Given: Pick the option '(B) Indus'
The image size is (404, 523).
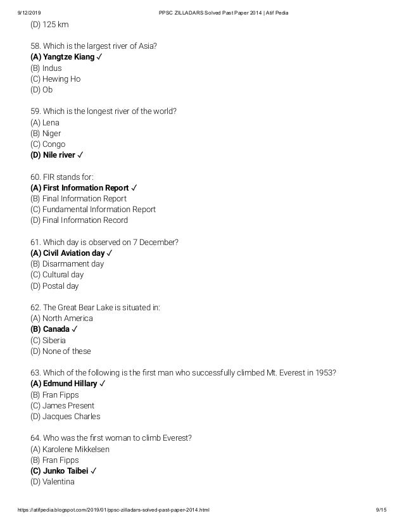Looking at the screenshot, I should (46, 68).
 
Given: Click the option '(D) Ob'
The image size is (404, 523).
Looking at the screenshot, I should (41, 89).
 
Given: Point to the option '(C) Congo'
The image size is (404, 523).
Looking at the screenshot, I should (47, 144).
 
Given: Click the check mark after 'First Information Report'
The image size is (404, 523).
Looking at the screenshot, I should (135, 188).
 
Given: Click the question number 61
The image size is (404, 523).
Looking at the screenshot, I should (35, 242).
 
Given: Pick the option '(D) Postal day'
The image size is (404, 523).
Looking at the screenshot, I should (54, 286).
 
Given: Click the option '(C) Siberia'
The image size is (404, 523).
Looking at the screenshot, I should (48, 340).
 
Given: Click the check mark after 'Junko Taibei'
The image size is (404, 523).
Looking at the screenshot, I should (94, 471).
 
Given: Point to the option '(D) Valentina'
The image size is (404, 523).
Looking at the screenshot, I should (53, 482).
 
